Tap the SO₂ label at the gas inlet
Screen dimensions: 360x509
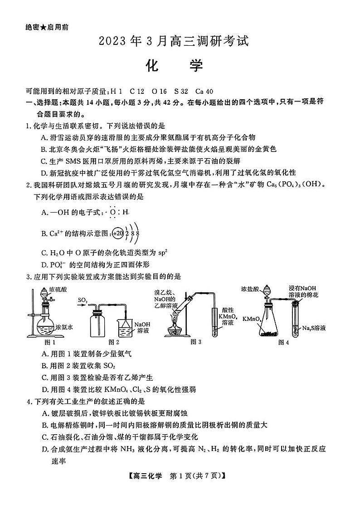pos(83,300)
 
